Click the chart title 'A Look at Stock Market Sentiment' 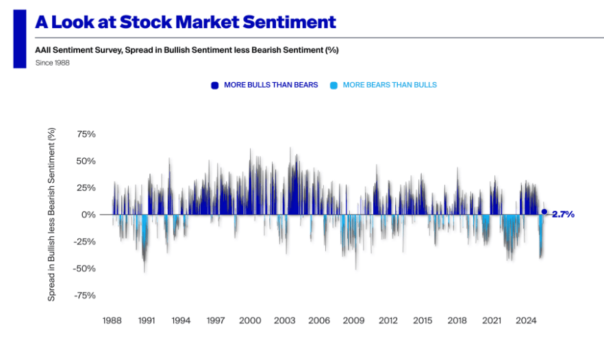(x=186, y=22)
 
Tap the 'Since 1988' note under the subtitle (x=53, y=63)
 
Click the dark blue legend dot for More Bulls (x=214, y=86)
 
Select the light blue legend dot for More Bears (x=334, y=86)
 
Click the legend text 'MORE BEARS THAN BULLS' (x=390, y=85)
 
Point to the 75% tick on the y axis (x=86, y=134)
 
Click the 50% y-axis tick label (x=86, y=161)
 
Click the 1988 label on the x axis (x=112, y=320)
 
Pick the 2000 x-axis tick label (x=250, y=320)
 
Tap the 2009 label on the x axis (x=353, y=320)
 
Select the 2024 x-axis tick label (x=526, y=320)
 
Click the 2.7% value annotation (x=563, y=214)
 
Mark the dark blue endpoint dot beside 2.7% (x=544, y=212)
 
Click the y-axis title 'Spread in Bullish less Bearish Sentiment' (x=52, y=214)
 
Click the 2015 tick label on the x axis (x=423, y=320)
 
